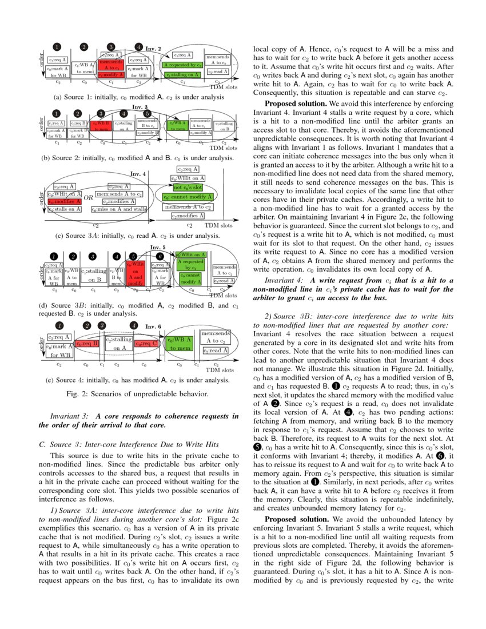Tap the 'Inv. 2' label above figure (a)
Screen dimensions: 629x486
[154, 49]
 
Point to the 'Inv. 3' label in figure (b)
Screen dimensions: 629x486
[140, 107]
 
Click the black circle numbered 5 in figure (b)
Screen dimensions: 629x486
[147, 114]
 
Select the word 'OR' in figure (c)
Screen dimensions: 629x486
[89, 198]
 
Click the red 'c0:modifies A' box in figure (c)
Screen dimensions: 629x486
[64, 202]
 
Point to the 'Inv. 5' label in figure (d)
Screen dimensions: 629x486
[158, 248]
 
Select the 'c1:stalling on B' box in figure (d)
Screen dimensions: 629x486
[94, 275]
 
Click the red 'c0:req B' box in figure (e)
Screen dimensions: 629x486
[87, 344]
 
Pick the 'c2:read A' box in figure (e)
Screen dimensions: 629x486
[216, 351]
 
